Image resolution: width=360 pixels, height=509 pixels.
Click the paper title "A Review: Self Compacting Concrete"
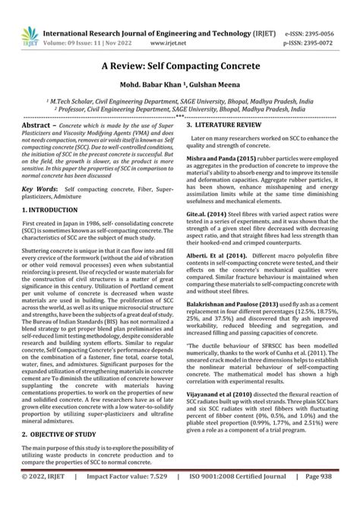[x=180, y=66]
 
